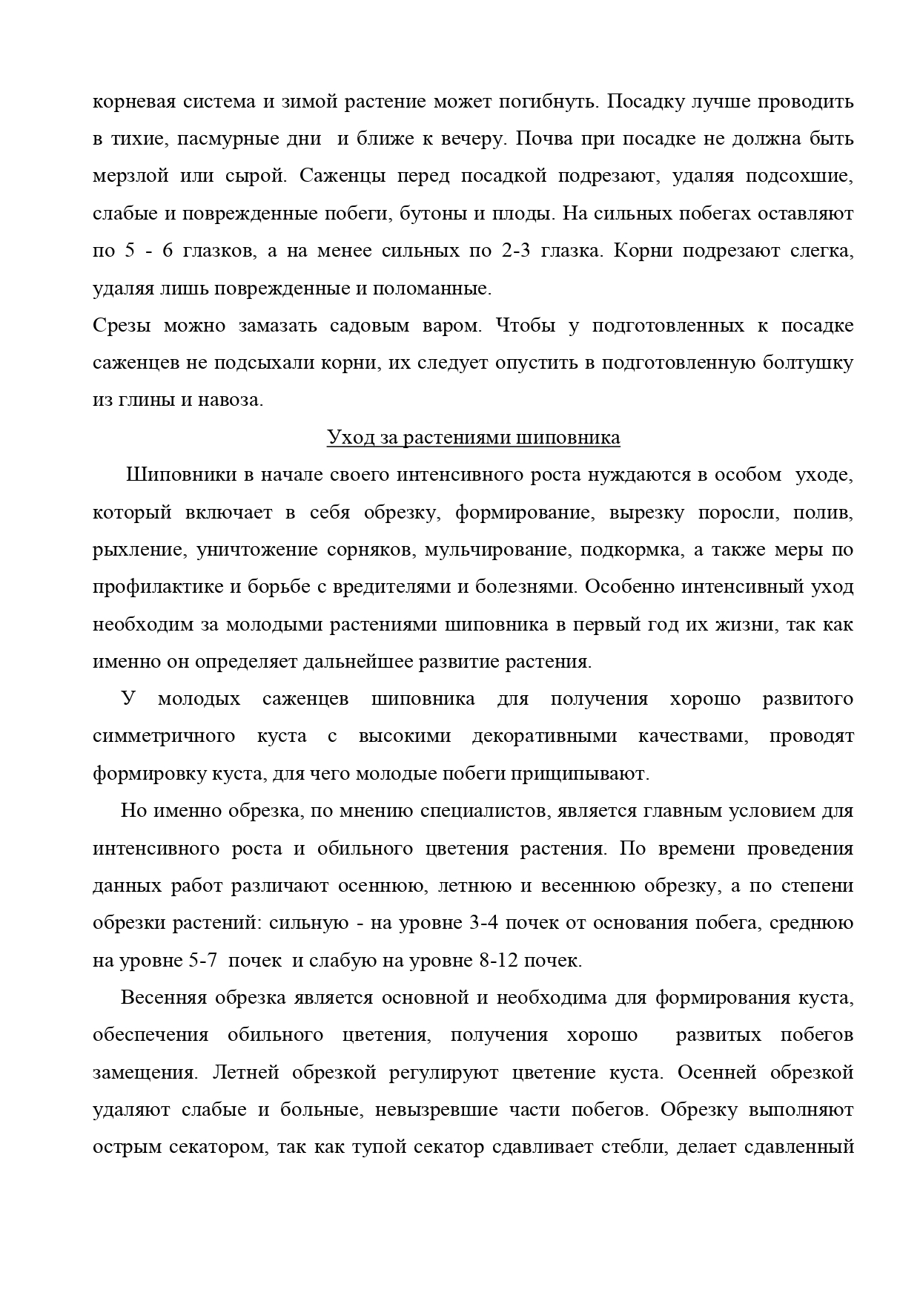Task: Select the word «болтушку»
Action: click(809, 363)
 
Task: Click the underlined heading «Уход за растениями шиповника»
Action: click(474, 438)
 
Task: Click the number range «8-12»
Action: click(500, 961)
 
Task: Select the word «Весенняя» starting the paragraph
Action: click(162, 998)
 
